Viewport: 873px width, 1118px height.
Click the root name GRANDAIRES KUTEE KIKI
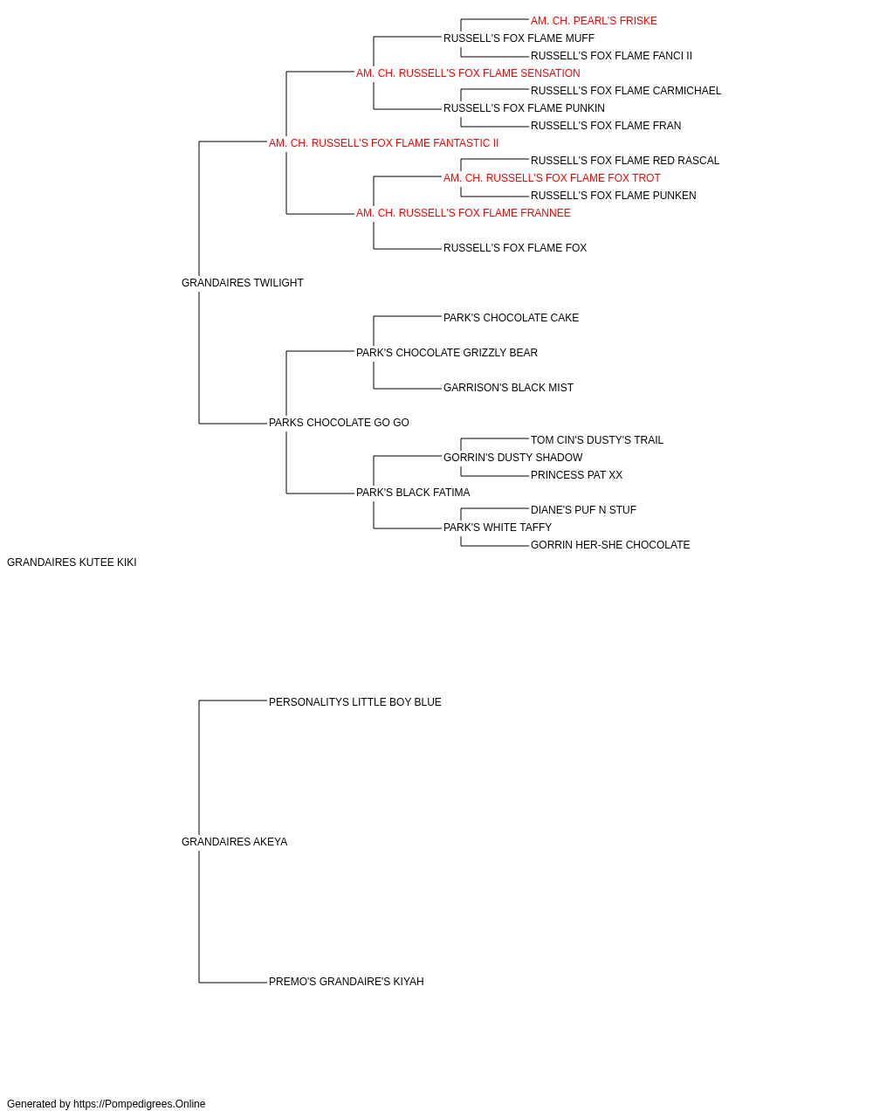click(x=72, y=562)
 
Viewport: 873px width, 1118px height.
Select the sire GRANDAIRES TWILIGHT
click(x=242, y=282)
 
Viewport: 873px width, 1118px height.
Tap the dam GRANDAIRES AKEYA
click(x=234, y=841)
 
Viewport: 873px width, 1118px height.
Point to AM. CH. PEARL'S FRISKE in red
click(x=594, y=21)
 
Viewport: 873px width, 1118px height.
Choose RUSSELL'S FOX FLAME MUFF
click(x=519, y=38)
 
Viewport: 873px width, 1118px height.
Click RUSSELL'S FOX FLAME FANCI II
click(x=611, y=56)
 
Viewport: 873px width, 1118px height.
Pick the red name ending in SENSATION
click(x=468, y=73)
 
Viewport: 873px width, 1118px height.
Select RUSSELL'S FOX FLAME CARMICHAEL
click(x=626, y=91)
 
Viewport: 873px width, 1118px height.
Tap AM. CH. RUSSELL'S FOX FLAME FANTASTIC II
click(x=383, y=143)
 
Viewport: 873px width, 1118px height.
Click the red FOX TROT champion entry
click(x=552, y=178)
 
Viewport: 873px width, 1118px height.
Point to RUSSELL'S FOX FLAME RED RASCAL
click(x=625, y=161)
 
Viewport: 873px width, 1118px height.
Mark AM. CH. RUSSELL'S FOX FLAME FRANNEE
click(x=464, y=213)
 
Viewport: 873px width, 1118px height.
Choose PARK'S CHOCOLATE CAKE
click(x=511, y=317)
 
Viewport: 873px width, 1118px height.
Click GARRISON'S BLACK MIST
click(x=508, y=388)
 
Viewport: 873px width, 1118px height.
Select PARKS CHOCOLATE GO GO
click(x=339, y=423)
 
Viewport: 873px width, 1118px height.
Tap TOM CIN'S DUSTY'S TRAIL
click(x=596, y=440)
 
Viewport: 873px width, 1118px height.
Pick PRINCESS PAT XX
click(x=576, y=475)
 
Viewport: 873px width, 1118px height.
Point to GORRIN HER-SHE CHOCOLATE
click(x=609, y=545)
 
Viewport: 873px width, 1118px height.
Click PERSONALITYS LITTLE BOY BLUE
click(x=354, y=701)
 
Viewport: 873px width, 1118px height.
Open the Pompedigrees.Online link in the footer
click(x=139, y=1104)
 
